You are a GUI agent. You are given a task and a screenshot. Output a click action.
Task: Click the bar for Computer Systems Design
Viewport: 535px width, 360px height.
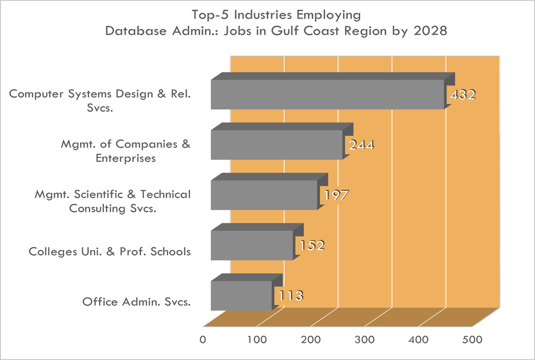327,94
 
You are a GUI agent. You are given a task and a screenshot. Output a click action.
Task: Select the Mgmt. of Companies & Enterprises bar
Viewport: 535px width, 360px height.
277,144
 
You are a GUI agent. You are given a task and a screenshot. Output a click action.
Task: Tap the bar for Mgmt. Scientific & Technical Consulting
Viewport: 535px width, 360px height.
264,194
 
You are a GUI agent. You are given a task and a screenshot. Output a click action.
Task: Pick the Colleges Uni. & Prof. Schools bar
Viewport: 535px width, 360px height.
252,245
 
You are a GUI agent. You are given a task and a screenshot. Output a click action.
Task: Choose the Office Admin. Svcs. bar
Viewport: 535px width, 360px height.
241,295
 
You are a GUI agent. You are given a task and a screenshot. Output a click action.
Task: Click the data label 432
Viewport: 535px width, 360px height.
462,95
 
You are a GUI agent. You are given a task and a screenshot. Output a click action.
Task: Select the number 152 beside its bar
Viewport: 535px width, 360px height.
311,245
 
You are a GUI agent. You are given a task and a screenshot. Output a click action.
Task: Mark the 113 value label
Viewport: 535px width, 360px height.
290,296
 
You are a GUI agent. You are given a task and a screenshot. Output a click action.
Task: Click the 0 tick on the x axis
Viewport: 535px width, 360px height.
203,340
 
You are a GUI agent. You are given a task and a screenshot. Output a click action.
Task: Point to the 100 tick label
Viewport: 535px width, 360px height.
257,340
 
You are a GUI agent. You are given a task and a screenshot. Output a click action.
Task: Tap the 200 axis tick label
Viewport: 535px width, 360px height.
311,340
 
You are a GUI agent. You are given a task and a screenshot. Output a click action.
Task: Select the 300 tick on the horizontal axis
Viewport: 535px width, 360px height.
365,340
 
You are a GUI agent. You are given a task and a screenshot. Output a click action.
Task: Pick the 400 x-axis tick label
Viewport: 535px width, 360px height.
419,340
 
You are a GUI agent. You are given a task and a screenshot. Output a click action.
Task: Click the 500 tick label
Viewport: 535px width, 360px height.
472,340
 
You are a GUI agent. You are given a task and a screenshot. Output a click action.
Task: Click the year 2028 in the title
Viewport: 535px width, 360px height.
432,31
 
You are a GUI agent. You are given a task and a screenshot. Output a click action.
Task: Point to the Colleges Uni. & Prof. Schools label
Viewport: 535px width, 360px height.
110,252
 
